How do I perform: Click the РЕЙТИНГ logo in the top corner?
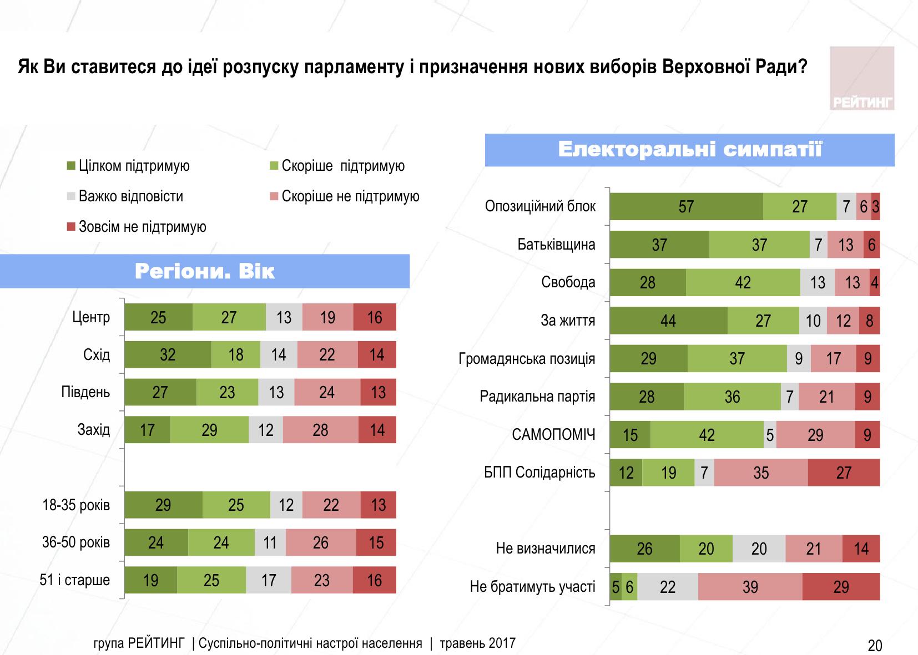point(862,79)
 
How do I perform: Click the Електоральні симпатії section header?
point(689,150)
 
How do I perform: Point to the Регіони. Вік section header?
point(204,272)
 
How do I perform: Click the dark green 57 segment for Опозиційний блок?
point(686,207)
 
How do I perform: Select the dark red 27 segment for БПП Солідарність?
point(844,473)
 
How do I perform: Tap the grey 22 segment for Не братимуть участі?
point(668,587)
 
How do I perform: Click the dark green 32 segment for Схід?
point(168,355)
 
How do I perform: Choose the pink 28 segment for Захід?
point(320,430)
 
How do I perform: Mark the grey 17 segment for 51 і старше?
point(269,580)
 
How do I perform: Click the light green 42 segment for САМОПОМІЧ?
point(707,435)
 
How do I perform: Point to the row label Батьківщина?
point(556,245)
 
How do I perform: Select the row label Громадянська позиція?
point(527,359)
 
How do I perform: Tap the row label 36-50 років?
point(76,542)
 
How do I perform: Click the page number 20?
point(875,646)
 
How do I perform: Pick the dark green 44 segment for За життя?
point(668,321)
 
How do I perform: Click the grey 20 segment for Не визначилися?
point(759,549)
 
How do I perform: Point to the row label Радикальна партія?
point(537,397)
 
